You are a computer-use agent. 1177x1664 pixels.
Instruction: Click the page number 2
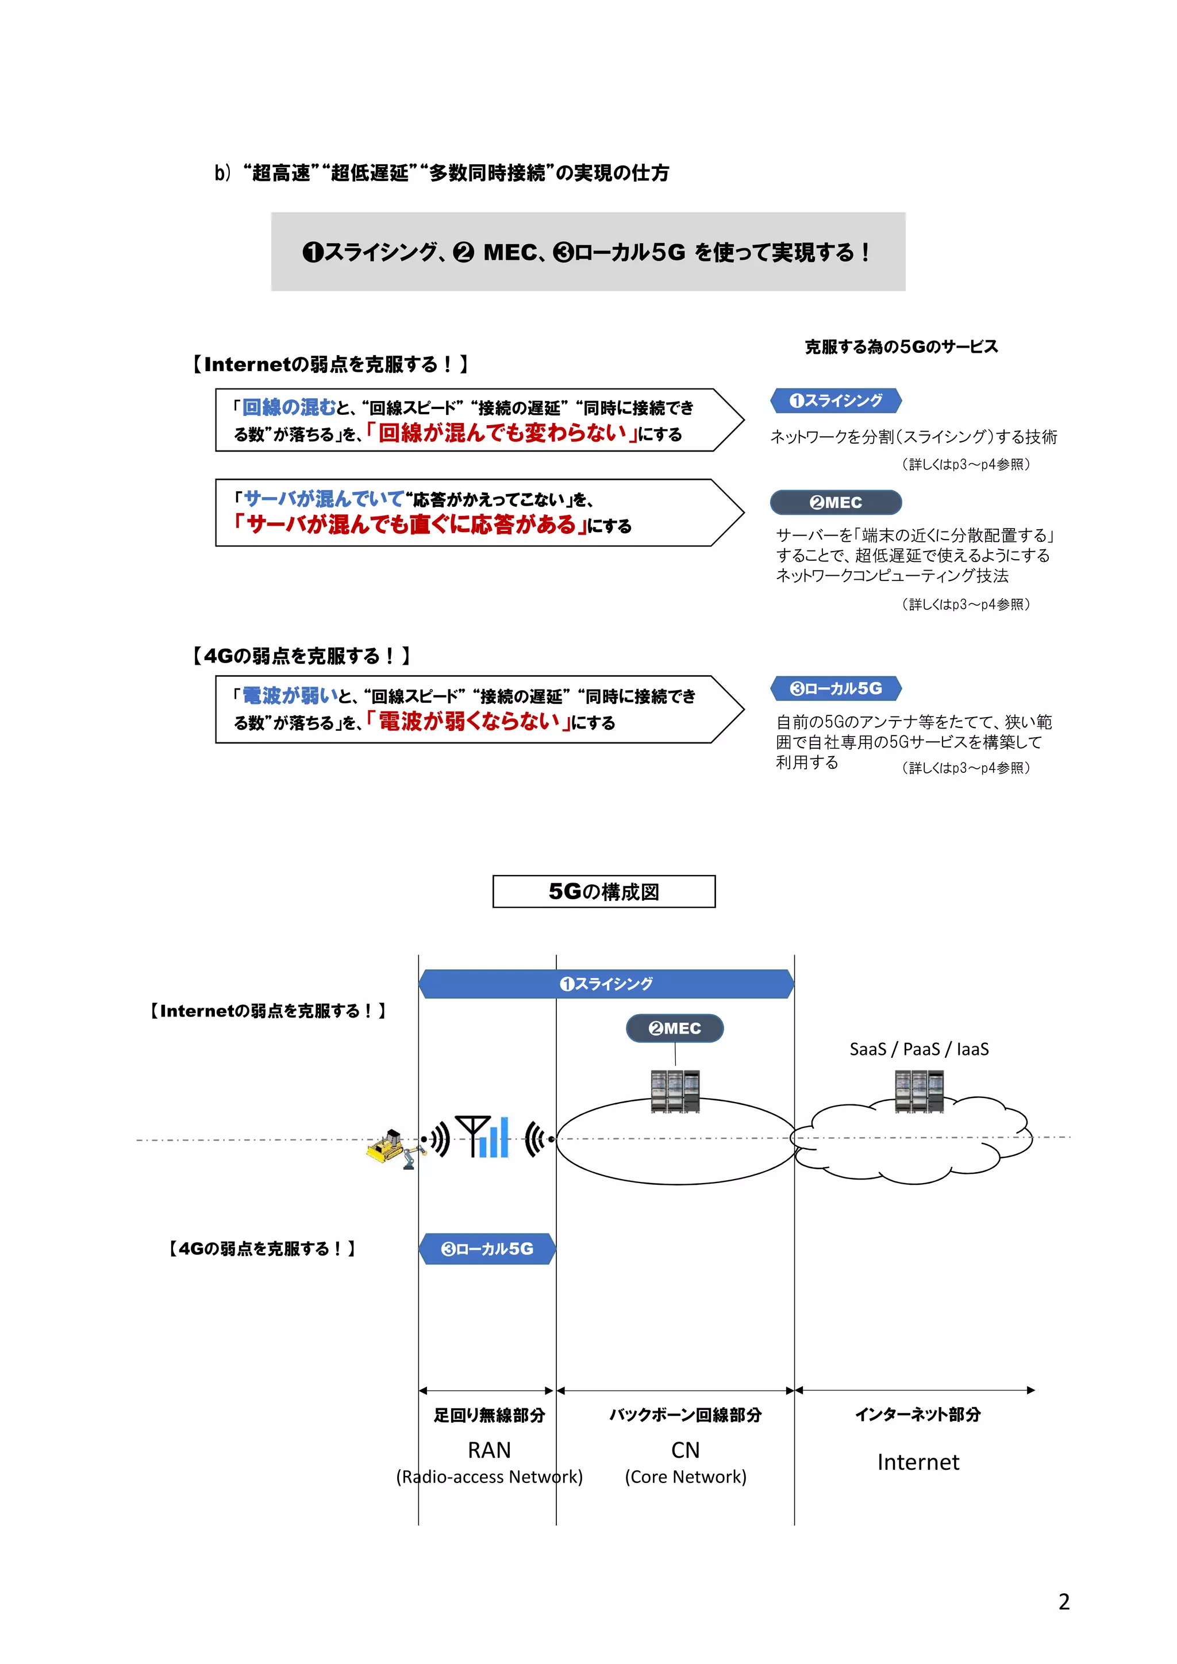point(1063,1601)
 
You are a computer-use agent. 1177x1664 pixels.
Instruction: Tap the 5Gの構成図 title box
point(603,891)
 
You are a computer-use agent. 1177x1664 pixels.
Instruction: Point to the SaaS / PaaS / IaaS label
point(918,1049)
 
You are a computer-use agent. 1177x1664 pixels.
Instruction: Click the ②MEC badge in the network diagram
point(675,1028)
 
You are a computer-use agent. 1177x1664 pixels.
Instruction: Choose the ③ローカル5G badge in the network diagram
point(487,1249)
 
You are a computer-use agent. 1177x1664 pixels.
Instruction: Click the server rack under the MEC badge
point(675,1091)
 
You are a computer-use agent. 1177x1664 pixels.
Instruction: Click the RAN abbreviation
point(489,1450)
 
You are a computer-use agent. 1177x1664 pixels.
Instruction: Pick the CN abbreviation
point(685,1450)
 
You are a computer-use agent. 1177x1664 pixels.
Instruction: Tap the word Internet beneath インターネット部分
point(918,1462)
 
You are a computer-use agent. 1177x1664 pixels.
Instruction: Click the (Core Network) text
point(685,1476)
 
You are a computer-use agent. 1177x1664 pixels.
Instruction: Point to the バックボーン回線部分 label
point(685,1415)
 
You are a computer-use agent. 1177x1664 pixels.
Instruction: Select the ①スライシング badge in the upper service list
point(836,400)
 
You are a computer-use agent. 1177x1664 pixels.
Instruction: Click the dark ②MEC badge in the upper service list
point(836,502)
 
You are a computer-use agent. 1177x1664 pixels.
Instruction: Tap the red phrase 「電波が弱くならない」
point(468,721)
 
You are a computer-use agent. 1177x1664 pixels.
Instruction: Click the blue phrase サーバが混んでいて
point(323,499)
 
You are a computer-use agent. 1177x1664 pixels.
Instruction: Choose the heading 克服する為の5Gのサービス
point(901,346)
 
